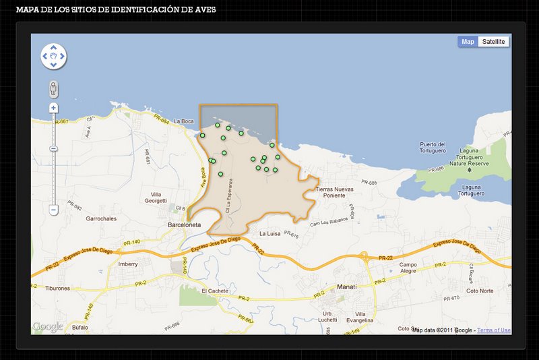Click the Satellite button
tap(494, 42)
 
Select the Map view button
tap(468, 42)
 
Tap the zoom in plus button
tap(53, 108)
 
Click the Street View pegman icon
tap(53, 88)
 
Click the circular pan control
tap(53, 57)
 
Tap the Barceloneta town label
tap(185, 227)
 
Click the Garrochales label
tap(101, 219)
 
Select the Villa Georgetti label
tap(155, 197)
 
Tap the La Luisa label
tap(269, 233)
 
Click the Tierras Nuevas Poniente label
tap(334, 193)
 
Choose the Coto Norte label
tap(480, 291)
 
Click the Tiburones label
tap(57, 288)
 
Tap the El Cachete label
tap(216, 291)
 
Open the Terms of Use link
tap(494, 330)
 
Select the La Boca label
tap(183, 121)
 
